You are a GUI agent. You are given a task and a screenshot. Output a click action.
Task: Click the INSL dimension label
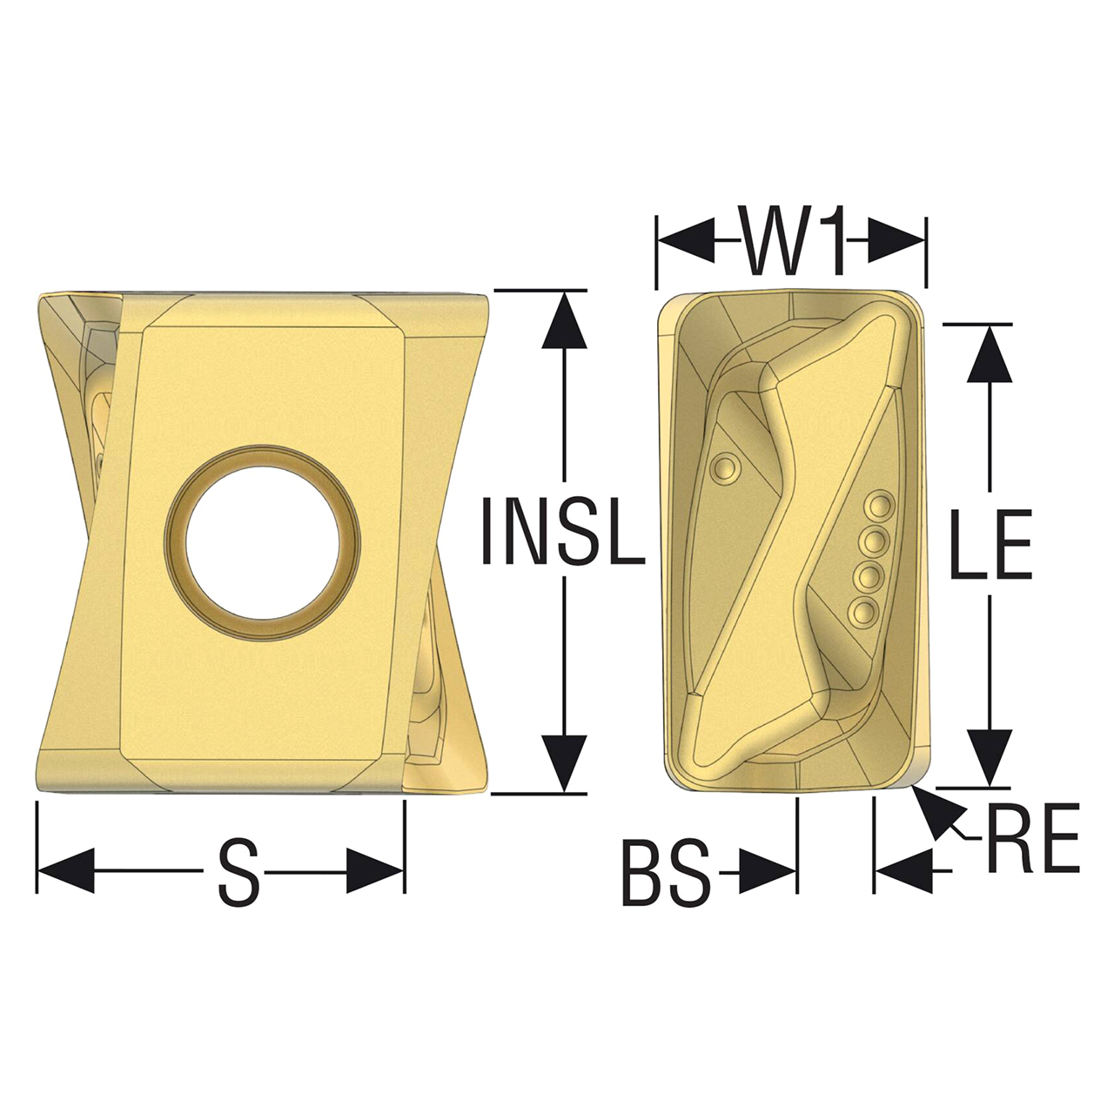(x=563, y=531)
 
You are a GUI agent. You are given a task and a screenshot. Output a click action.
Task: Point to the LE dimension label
(x=990, y=546)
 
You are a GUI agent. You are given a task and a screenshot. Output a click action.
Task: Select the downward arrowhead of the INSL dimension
(x=565, y=762)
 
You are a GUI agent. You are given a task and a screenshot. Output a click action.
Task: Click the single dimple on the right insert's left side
(x=721, y=469)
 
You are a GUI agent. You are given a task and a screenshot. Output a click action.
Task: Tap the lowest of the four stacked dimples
(x=864, y=612)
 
